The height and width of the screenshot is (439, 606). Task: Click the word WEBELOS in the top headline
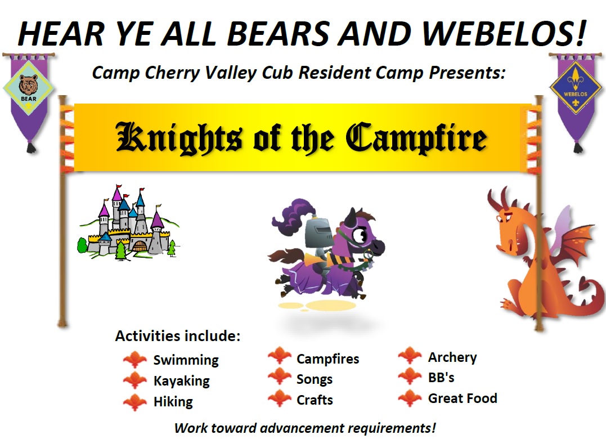pos(504,33)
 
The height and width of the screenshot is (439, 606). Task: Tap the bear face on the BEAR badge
pos(29,84)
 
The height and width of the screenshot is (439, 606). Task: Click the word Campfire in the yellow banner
pos(416,138)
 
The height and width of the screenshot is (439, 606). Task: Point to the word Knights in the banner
pos(179,138)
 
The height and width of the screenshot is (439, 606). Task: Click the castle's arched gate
pos(140,246)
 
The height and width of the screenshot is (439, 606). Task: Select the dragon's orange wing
pos(576,247)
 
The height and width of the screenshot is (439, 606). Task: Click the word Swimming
pos(186,360)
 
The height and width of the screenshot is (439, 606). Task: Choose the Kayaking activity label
pos(182,381)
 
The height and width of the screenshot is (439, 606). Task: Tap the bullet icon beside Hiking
pos(135,402)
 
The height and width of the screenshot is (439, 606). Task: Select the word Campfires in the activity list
pos(327,359)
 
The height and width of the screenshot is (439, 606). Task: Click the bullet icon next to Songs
pos(280,376)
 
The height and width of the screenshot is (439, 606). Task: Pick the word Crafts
pos(315,400)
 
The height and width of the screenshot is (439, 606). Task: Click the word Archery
pos(452,357)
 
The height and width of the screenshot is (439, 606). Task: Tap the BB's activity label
pos(441,378)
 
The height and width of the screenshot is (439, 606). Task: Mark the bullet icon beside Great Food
pos(410,398)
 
